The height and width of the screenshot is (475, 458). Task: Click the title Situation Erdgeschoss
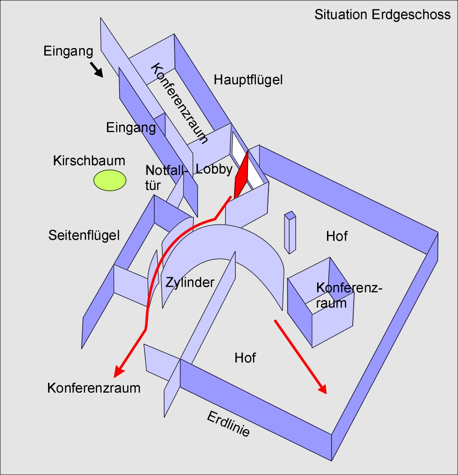coord(382,15)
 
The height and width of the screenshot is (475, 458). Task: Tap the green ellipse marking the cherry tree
coord(110,180)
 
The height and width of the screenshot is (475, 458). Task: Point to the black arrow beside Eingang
coord(97,70)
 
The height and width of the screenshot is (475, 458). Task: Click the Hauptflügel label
coord(248,80)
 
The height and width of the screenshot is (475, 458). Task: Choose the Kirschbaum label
coord(89,161)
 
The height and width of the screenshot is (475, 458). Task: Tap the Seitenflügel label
coord(84,235)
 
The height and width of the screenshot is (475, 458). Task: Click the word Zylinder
coord(190,282)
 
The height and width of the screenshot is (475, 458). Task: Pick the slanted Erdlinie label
coord(228,424)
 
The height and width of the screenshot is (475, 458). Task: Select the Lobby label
coord(214,169)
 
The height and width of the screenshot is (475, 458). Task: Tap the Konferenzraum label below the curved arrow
coord(94,388)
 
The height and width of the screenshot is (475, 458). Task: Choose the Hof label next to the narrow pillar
coord(337,236)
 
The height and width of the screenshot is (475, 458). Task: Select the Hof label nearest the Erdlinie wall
coord(245,358)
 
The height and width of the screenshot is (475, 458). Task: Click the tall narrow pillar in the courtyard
coord(290,233)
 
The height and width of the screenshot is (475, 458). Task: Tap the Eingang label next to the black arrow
coord(65,51)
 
